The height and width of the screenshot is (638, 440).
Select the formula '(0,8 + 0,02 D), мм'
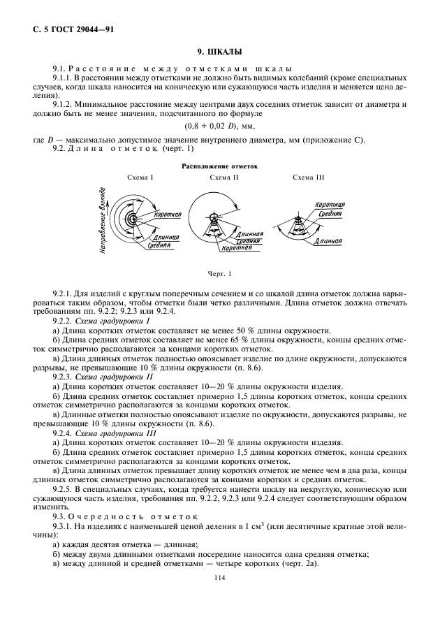tap(220, 126)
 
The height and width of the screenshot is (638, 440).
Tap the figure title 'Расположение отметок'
tap(220, 167)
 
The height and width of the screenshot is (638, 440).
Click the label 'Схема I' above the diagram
tap(140, 179)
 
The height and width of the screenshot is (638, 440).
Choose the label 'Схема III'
tap(308, 179)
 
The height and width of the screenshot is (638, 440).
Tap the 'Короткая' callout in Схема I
tap(168, 215)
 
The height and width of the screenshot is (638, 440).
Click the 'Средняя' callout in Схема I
tap(160, 246)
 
